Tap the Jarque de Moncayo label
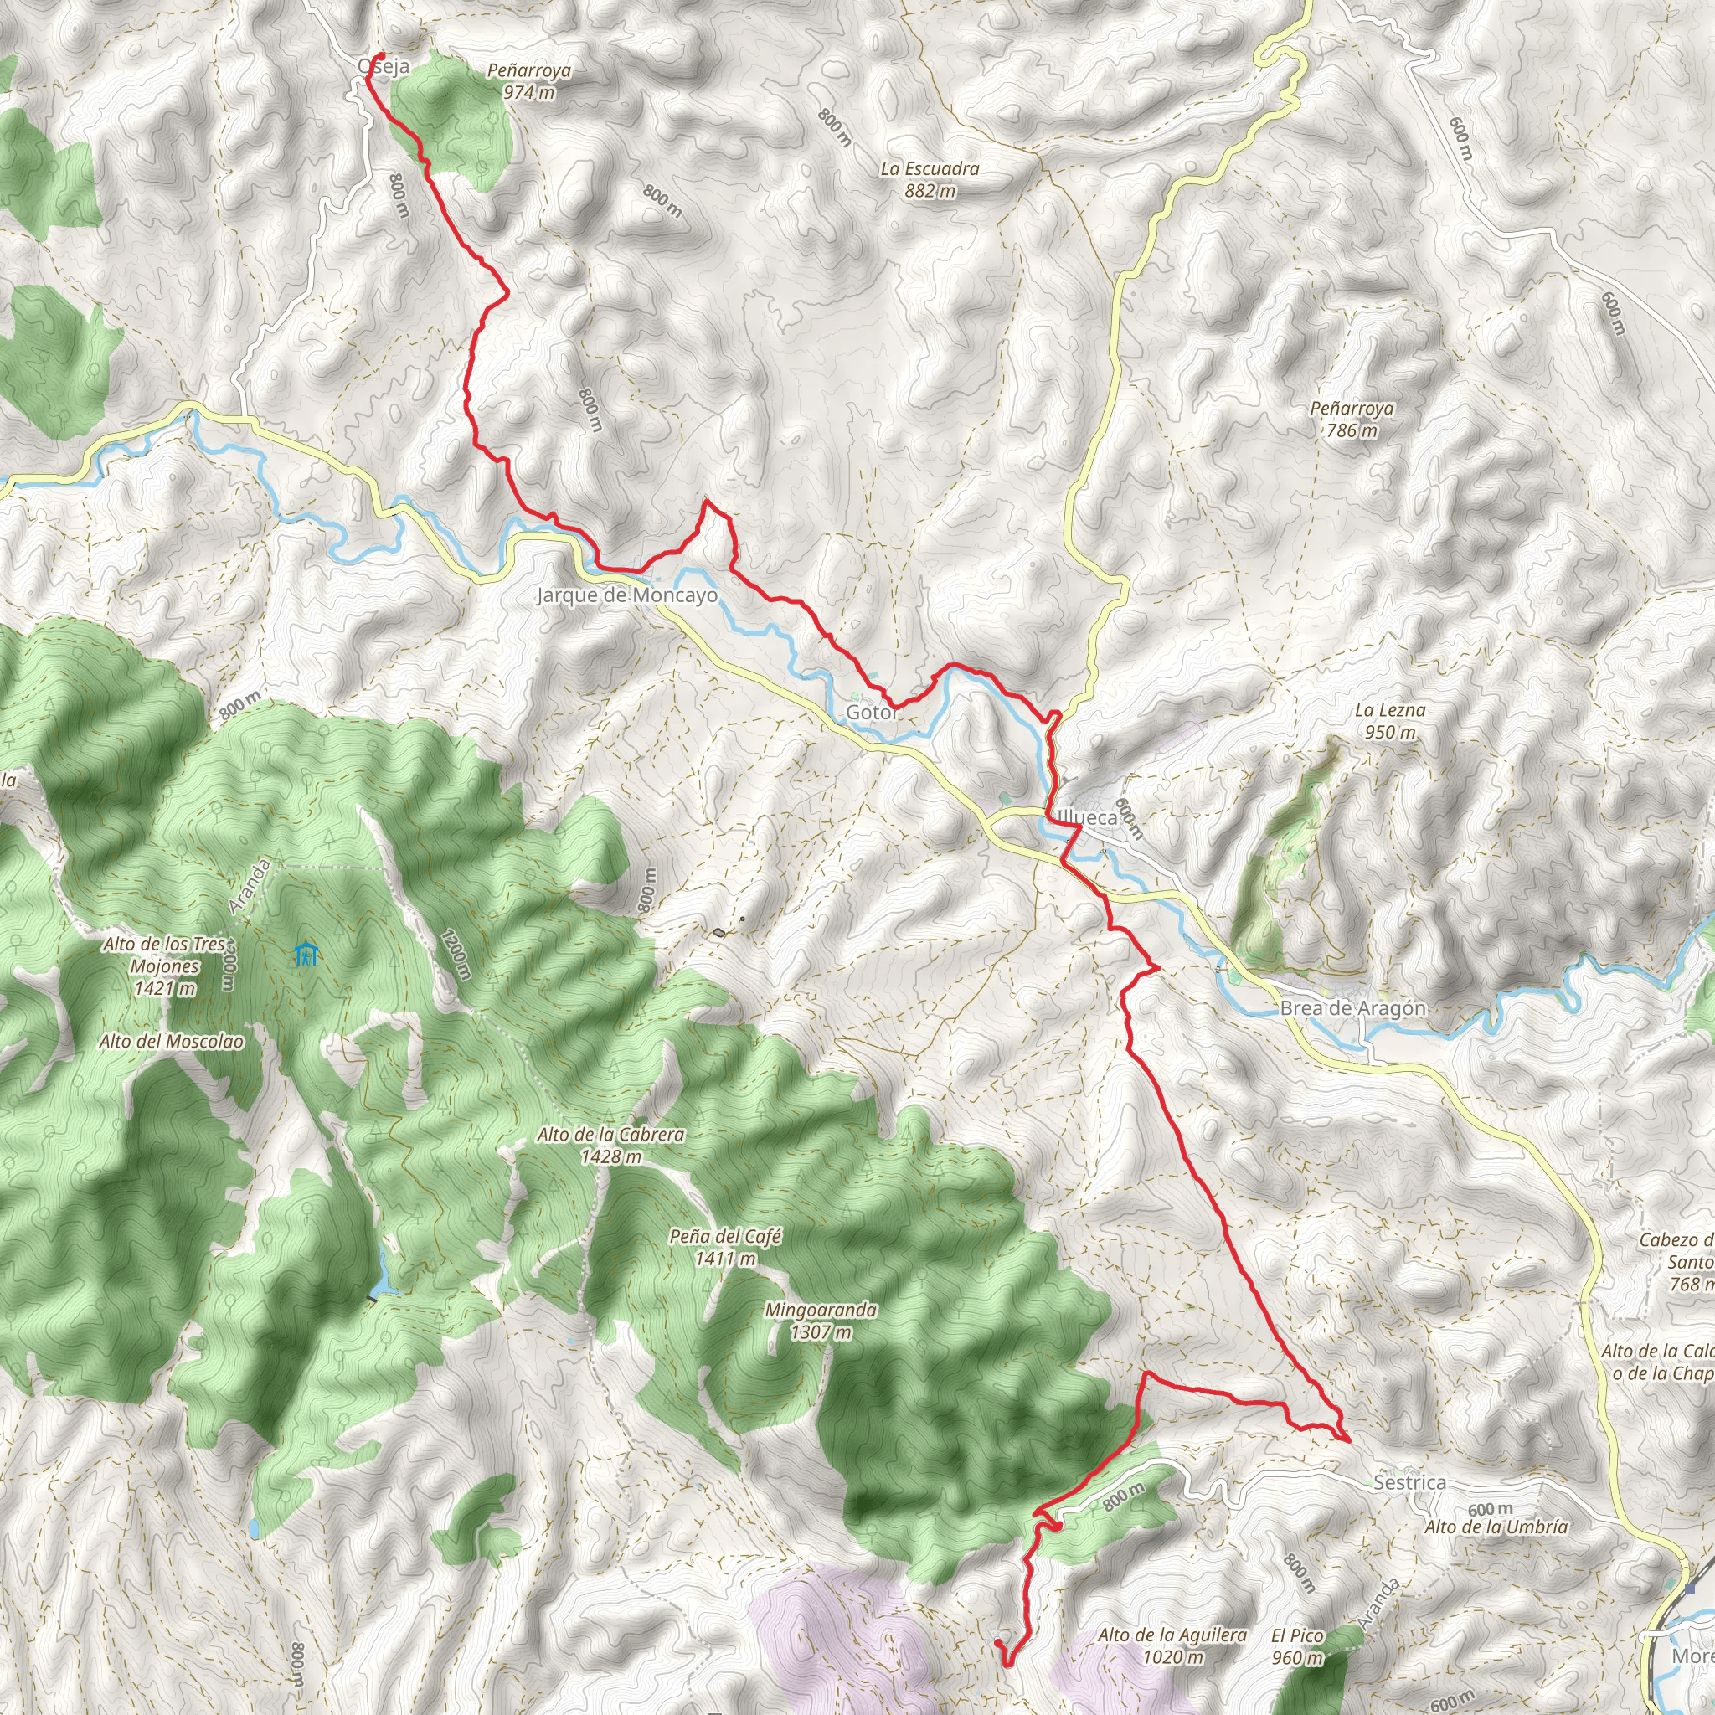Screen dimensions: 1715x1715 626,595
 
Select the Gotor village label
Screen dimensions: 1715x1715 871,713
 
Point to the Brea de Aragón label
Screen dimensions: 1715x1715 1353,1008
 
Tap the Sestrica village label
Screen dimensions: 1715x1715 1409,1482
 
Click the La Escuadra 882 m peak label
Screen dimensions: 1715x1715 930,178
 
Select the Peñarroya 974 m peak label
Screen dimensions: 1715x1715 529,80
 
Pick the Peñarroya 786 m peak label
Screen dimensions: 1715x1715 1352,419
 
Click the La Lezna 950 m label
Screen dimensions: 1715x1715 1390,721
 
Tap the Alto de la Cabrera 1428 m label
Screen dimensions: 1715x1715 610,1145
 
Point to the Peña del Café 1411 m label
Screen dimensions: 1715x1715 725,1247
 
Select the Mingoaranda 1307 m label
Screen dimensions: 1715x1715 821,1321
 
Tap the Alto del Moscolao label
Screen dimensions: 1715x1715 172,1041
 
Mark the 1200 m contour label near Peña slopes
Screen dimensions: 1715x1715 454,955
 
